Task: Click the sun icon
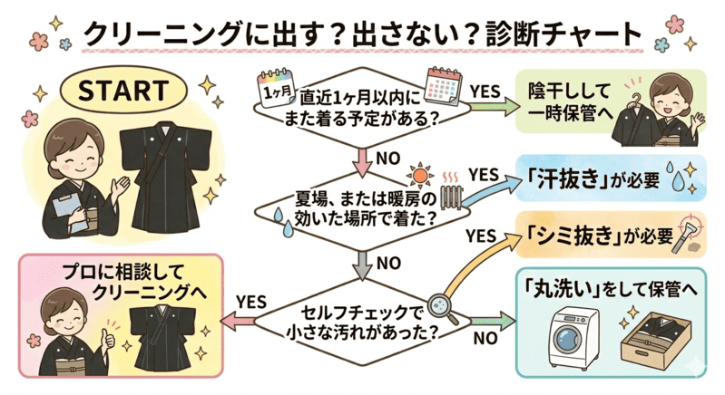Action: click(417, 173)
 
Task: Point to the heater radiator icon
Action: click(450, 199)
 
